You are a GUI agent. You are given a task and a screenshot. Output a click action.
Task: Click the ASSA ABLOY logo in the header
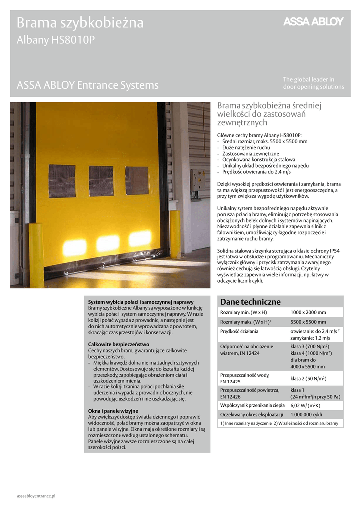click(x=313, y=21)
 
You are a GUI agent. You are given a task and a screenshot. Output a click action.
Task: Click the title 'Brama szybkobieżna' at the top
click(x=80, y=23)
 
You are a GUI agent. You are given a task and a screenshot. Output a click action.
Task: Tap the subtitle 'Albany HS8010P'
click(x=55, y=41)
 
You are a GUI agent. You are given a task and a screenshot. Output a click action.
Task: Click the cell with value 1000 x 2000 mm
click(x=308, y=312)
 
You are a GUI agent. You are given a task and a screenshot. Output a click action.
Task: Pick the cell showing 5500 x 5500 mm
click(x=308, y=322)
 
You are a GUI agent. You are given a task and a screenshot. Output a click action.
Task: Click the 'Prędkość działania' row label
click(x=240, y=331)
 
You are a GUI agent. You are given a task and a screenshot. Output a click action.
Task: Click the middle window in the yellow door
click(x=101, y=180)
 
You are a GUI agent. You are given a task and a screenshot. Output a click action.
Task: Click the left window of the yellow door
click(x=62, y=180)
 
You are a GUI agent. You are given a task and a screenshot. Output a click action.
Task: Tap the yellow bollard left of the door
click(x=36, y=254)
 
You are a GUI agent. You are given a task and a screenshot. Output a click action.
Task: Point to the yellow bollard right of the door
click(x=175, y=234)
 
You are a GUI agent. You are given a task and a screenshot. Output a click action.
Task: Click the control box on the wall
click(x=197, y=180)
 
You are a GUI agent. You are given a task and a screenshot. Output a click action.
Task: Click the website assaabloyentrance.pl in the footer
click(x=36, y=496)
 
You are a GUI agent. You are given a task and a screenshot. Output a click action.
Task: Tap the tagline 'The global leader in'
click(x=309, y=79)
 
